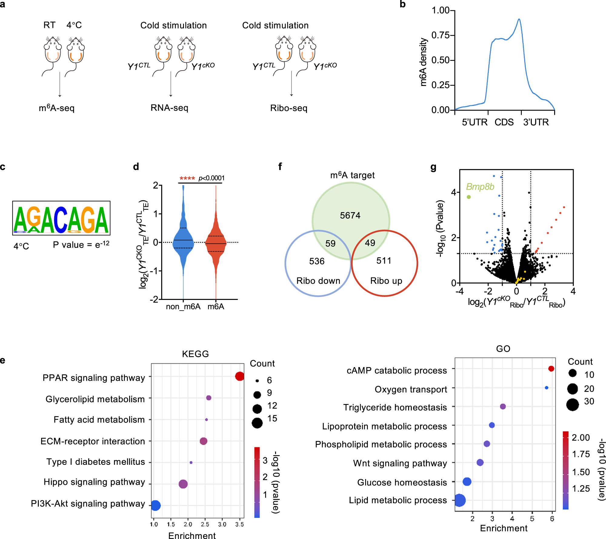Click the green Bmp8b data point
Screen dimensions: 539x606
point(469,197)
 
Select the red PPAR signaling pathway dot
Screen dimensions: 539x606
point(239,376)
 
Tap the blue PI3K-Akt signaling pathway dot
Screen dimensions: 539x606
point(155,505)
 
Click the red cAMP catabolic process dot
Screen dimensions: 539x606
point(551,369)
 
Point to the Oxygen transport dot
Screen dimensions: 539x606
point(547,388)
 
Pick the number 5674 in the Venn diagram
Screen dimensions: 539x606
point(350,215)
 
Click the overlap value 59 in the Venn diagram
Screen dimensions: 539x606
point(330,243)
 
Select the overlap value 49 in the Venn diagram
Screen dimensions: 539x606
point(370,243)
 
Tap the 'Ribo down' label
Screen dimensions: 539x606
point(318,281)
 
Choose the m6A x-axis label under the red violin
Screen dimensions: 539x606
point(216,307)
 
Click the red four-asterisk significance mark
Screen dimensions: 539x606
point(187,178)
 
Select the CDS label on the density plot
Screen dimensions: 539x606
point(504,122)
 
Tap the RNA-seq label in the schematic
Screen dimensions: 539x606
point(169,108)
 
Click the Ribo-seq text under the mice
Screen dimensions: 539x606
point(289,108)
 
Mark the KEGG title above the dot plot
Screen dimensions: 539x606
point(195,354)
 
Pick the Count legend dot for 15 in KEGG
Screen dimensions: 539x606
point(257,423)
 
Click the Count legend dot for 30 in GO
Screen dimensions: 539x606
point(572,404)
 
